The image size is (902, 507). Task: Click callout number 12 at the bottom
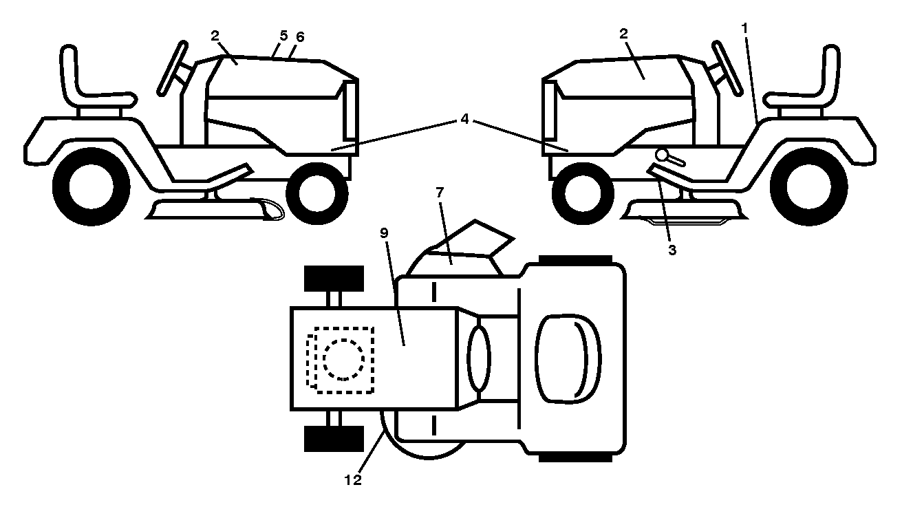coord(353,479)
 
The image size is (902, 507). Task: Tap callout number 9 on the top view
coord(384,233)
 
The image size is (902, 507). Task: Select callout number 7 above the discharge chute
coord(440,193)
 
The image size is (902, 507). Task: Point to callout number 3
coord(672,250)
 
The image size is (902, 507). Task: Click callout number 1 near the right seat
coord(744,28)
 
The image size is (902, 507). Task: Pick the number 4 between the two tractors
coord(464,119)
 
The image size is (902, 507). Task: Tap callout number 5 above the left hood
coord(283,36)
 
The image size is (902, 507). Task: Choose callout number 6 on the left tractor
coord(300,37)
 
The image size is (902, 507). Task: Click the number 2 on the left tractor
coord(215,36)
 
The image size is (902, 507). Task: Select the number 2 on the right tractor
coord(623,34)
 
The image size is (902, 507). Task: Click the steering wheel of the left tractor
coord(172,69)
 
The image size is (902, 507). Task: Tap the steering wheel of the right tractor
coord(727,67)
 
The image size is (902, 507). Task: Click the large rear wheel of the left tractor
coord(92,186)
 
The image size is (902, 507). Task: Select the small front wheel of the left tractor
coord(317,193)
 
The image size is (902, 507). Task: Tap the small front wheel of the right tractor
coord(583,193)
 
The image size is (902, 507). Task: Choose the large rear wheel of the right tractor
coord(809,186)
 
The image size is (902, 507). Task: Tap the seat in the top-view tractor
coord(568,358)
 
